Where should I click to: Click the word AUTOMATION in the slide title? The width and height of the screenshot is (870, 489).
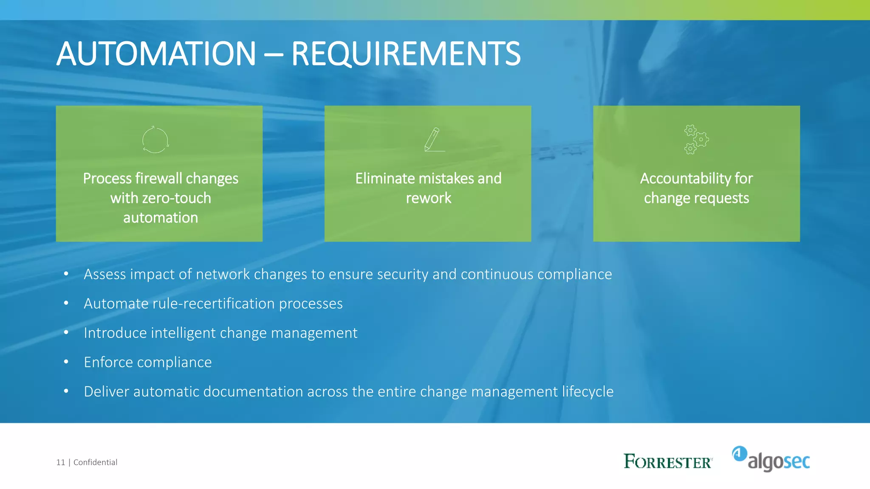[x=156, y=54]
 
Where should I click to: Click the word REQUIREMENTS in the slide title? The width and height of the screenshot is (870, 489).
[x=406, y=54]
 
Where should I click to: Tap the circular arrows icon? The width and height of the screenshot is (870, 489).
[x=155, y=140]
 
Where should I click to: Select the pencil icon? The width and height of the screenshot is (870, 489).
[x=433, y=139]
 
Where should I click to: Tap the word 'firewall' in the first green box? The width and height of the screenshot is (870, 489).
[x=159, y=179]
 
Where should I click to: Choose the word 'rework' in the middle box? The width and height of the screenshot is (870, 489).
[x=428, y=198]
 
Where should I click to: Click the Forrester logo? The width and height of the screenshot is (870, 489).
[x=667, y=461]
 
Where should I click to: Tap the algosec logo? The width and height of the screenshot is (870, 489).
[x=771, y=460]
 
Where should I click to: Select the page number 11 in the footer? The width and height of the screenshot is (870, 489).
[x=61, y=462]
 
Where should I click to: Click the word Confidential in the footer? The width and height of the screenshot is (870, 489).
[x=95, y=462]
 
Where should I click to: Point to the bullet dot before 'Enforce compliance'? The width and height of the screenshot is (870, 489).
[x=66, y=362]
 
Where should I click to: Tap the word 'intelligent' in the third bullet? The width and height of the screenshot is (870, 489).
[x=183, y=333]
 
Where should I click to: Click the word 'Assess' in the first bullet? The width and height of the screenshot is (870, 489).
[x=105, y=275]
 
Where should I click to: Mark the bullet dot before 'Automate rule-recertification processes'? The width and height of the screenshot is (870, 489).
[x=66, y=304]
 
